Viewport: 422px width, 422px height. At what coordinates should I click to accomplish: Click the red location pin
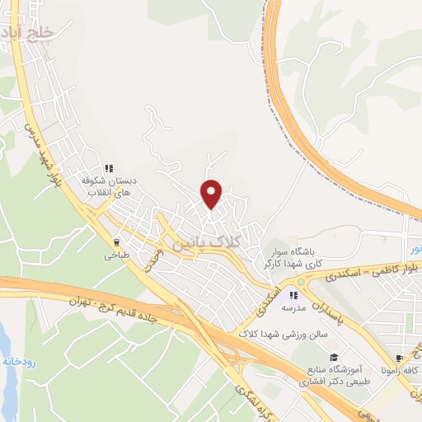pos(213,193)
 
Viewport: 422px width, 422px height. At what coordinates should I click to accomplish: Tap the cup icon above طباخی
pos(116,242)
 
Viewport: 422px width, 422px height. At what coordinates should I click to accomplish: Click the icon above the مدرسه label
pos(292,294)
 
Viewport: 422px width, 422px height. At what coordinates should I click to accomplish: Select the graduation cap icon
pos(334,357)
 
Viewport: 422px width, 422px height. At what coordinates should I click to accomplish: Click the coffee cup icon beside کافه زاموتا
pos(400,359)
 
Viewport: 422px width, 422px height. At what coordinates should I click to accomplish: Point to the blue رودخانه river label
pos(18,362)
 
